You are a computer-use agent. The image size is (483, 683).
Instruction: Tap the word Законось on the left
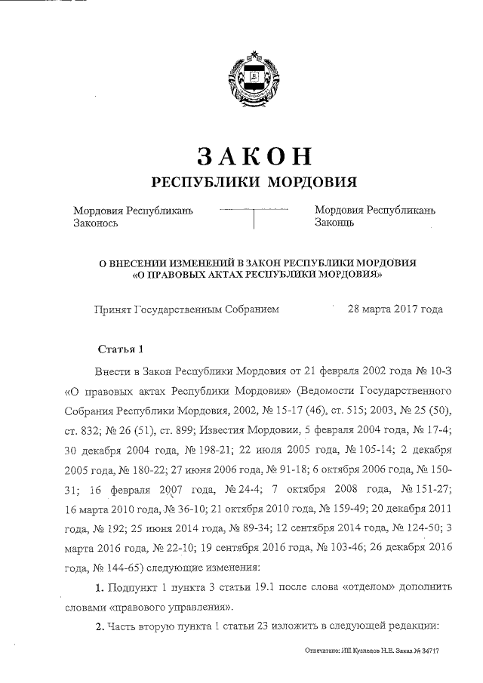coord(95,223)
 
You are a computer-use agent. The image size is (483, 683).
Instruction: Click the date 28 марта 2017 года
coord(395,309)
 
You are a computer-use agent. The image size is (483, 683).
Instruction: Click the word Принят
coord(112,309)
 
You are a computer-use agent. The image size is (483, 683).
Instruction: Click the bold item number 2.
coord(100,626)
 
